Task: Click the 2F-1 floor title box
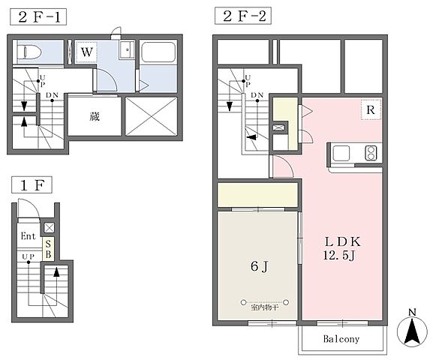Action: tap(38, 16)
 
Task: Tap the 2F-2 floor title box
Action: tap(243, 16)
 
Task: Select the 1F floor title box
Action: tap(32, 185)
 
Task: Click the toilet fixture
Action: tap(29, 52)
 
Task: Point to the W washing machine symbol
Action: tap(86, 52)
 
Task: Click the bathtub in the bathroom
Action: tap(158, 52)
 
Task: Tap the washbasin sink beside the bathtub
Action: tap(127, 49)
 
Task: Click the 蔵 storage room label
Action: tap(94, 116)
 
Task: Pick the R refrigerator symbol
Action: tap(371, 109)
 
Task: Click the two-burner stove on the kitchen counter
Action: tap(371, 153)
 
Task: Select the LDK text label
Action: tap(342, 241)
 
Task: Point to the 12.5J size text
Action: tap(339, 255)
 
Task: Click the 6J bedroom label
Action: tap(260, 266)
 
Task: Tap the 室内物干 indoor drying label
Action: tap(265, 307)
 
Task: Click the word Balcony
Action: tap(341, 339)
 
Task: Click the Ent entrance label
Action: tap(29, 236)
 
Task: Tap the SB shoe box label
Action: tap(48, 249)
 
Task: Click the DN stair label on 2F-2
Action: tap(257, 95)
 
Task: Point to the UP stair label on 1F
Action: tap(29, 256)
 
